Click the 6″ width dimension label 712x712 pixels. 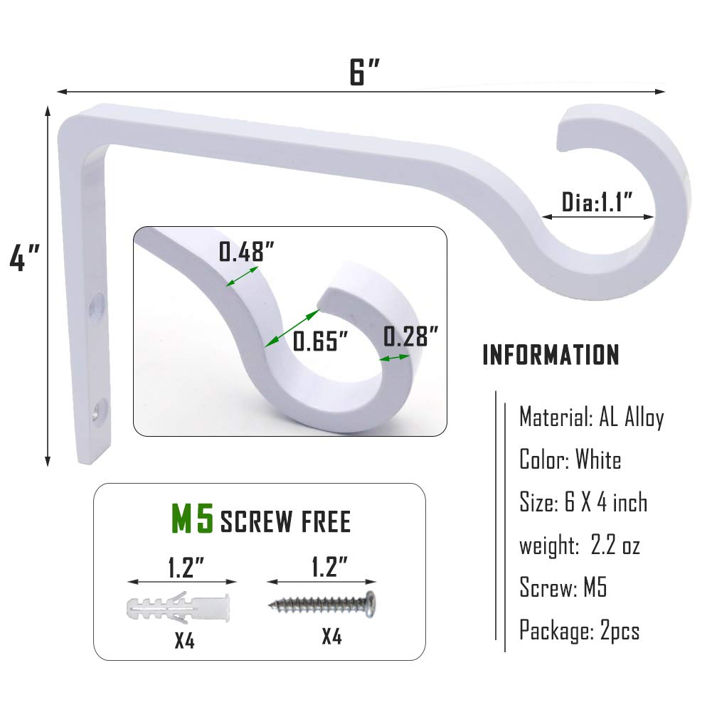tap(364, 73)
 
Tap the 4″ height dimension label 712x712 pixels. tap(24, 257)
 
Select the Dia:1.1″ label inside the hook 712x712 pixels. tap(597, 202)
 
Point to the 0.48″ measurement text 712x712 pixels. tap(247, 252)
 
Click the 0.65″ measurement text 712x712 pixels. tap(321, 341)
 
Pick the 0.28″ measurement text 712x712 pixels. tap(411, 336)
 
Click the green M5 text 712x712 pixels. tap(192, 519)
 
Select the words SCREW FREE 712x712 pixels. tap(286, 521)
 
